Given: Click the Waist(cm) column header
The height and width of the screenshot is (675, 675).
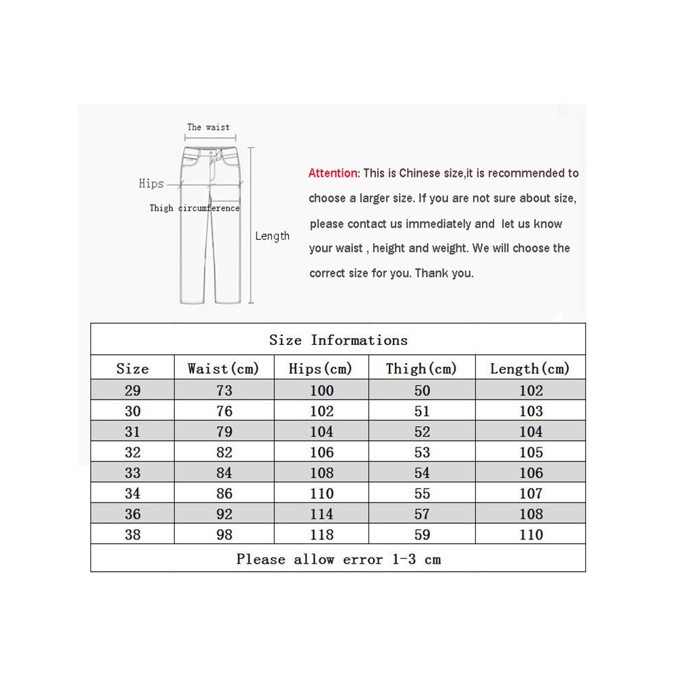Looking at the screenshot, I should [x=223, y=369].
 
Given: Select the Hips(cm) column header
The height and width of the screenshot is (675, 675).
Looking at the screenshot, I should [x=321, y=369].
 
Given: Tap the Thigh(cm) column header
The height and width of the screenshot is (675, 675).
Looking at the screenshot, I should [x=421, y=369].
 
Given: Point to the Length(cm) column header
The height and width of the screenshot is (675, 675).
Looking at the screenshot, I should [x=530, y=369].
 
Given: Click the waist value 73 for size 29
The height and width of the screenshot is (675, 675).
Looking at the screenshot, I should [x=224, y=390].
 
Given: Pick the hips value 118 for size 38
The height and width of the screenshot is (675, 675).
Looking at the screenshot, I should [x=321, y=535].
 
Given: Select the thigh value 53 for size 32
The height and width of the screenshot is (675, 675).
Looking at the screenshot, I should [x=422, y=452].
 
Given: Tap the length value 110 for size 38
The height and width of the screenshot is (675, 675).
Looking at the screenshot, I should [x=531, y=535].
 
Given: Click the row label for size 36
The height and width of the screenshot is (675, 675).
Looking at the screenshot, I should [x=132, y=514].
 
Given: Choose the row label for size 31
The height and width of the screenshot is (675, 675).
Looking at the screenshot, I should [x=132, y=432].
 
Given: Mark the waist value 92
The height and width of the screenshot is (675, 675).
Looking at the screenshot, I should [x=224, y=514].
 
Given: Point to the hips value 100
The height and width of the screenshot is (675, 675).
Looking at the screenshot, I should [x=321, y=390].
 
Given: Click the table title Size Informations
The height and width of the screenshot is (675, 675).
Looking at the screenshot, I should [x=338, y=340].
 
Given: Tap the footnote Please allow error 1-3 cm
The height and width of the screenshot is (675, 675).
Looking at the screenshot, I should [x=338, y=559].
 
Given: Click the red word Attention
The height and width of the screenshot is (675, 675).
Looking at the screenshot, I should [x=333, y=173].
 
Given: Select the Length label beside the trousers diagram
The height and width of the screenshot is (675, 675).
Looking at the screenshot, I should [x=272, y=236].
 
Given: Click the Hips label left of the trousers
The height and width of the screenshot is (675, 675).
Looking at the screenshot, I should [x=151, y=184].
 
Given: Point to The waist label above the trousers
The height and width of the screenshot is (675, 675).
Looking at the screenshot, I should [x=209, y=127].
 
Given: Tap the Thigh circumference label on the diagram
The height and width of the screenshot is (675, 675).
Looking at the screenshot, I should [x=194, y=209].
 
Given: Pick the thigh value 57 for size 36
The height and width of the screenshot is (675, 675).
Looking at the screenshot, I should [x=422, y=514].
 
